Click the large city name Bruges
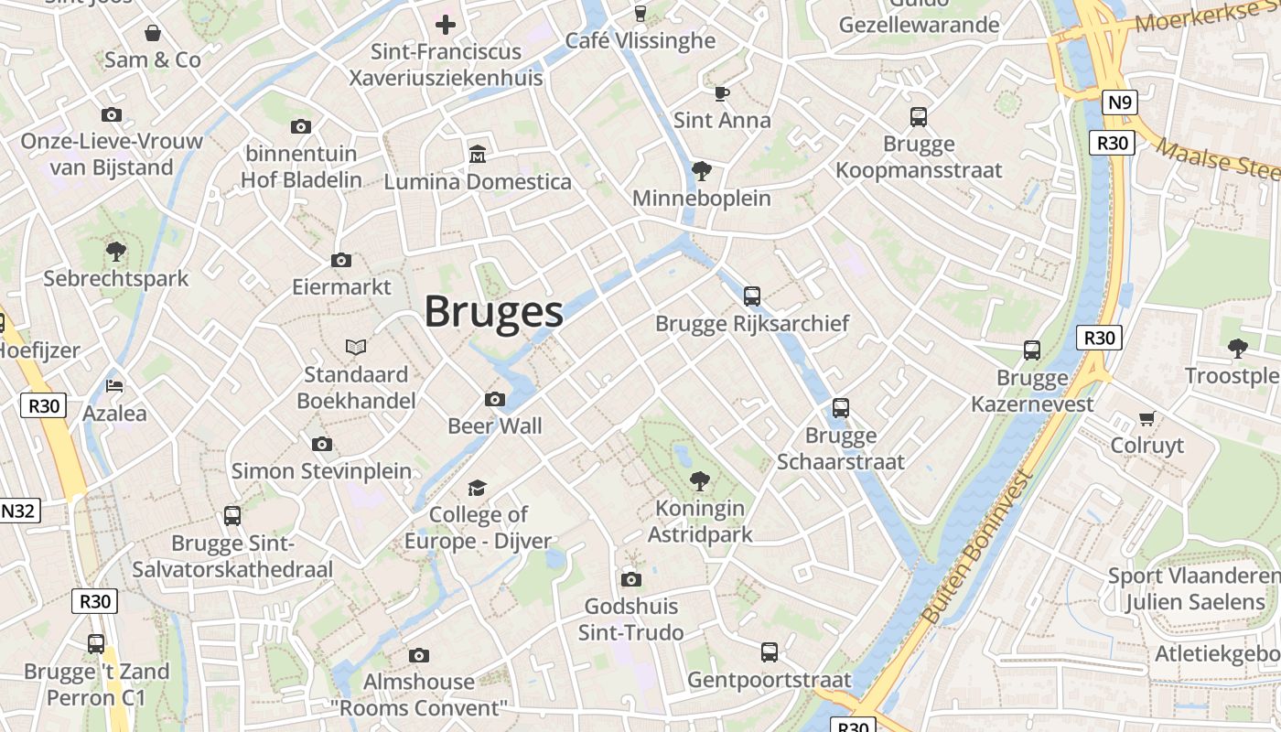pos(493,312)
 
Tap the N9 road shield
pos(1119,102)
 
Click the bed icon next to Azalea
pos(114,385)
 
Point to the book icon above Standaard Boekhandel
pos(356,347)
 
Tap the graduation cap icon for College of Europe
pos(478,488)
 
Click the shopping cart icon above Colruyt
pos(1146,418)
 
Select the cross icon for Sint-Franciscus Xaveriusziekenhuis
pos(446,24)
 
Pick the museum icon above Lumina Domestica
pos(477,154)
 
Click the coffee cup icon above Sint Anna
pos(722,92)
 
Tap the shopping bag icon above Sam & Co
pos(152,33)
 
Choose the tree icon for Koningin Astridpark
pos(700,479)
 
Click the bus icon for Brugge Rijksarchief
pos(752,296)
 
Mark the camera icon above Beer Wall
pos(495,399)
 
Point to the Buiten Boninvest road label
pos(978,548)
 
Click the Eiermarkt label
pos(341,287)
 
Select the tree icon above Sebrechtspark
pos(115,251)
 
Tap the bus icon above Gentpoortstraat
pos(770,652)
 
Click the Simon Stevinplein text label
pos(321,471)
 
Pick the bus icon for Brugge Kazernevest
pos(1032,350)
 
